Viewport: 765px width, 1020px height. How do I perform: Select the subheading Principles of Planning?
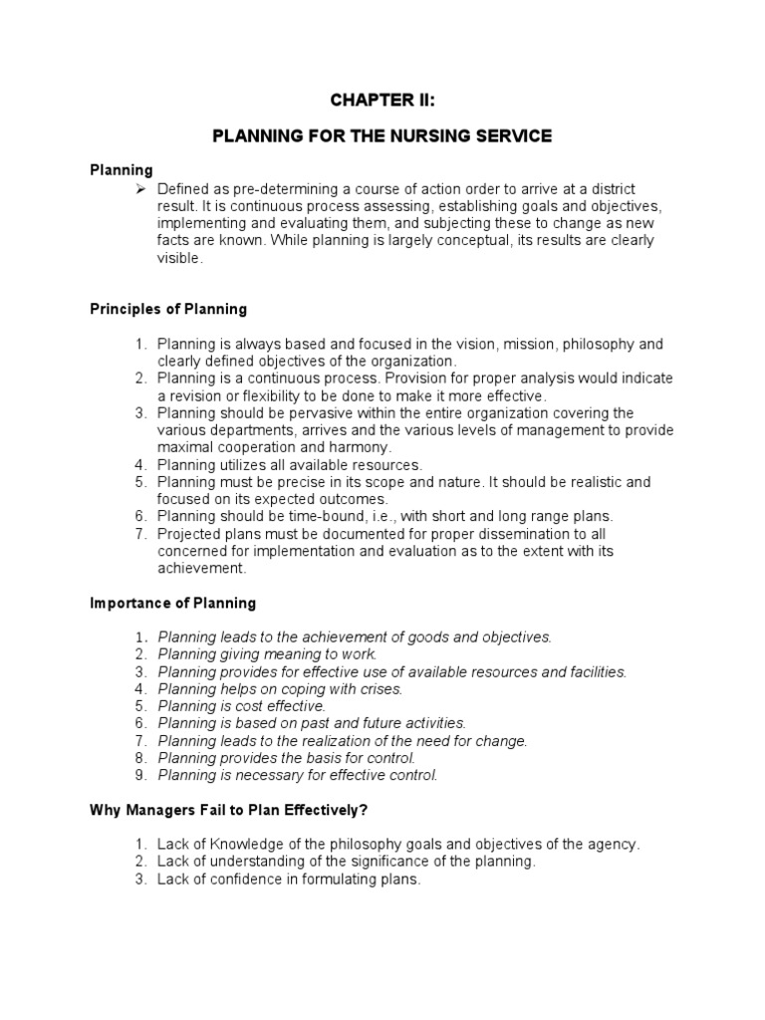[168, 309]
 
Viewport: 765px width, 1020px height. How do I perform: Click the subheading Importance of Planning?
[172, 603]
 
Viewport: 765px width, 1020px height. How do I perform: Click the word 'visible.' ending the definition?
[179, 258]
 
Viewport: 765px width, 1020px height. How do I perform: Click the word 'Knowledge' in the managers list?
[227, 844]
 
